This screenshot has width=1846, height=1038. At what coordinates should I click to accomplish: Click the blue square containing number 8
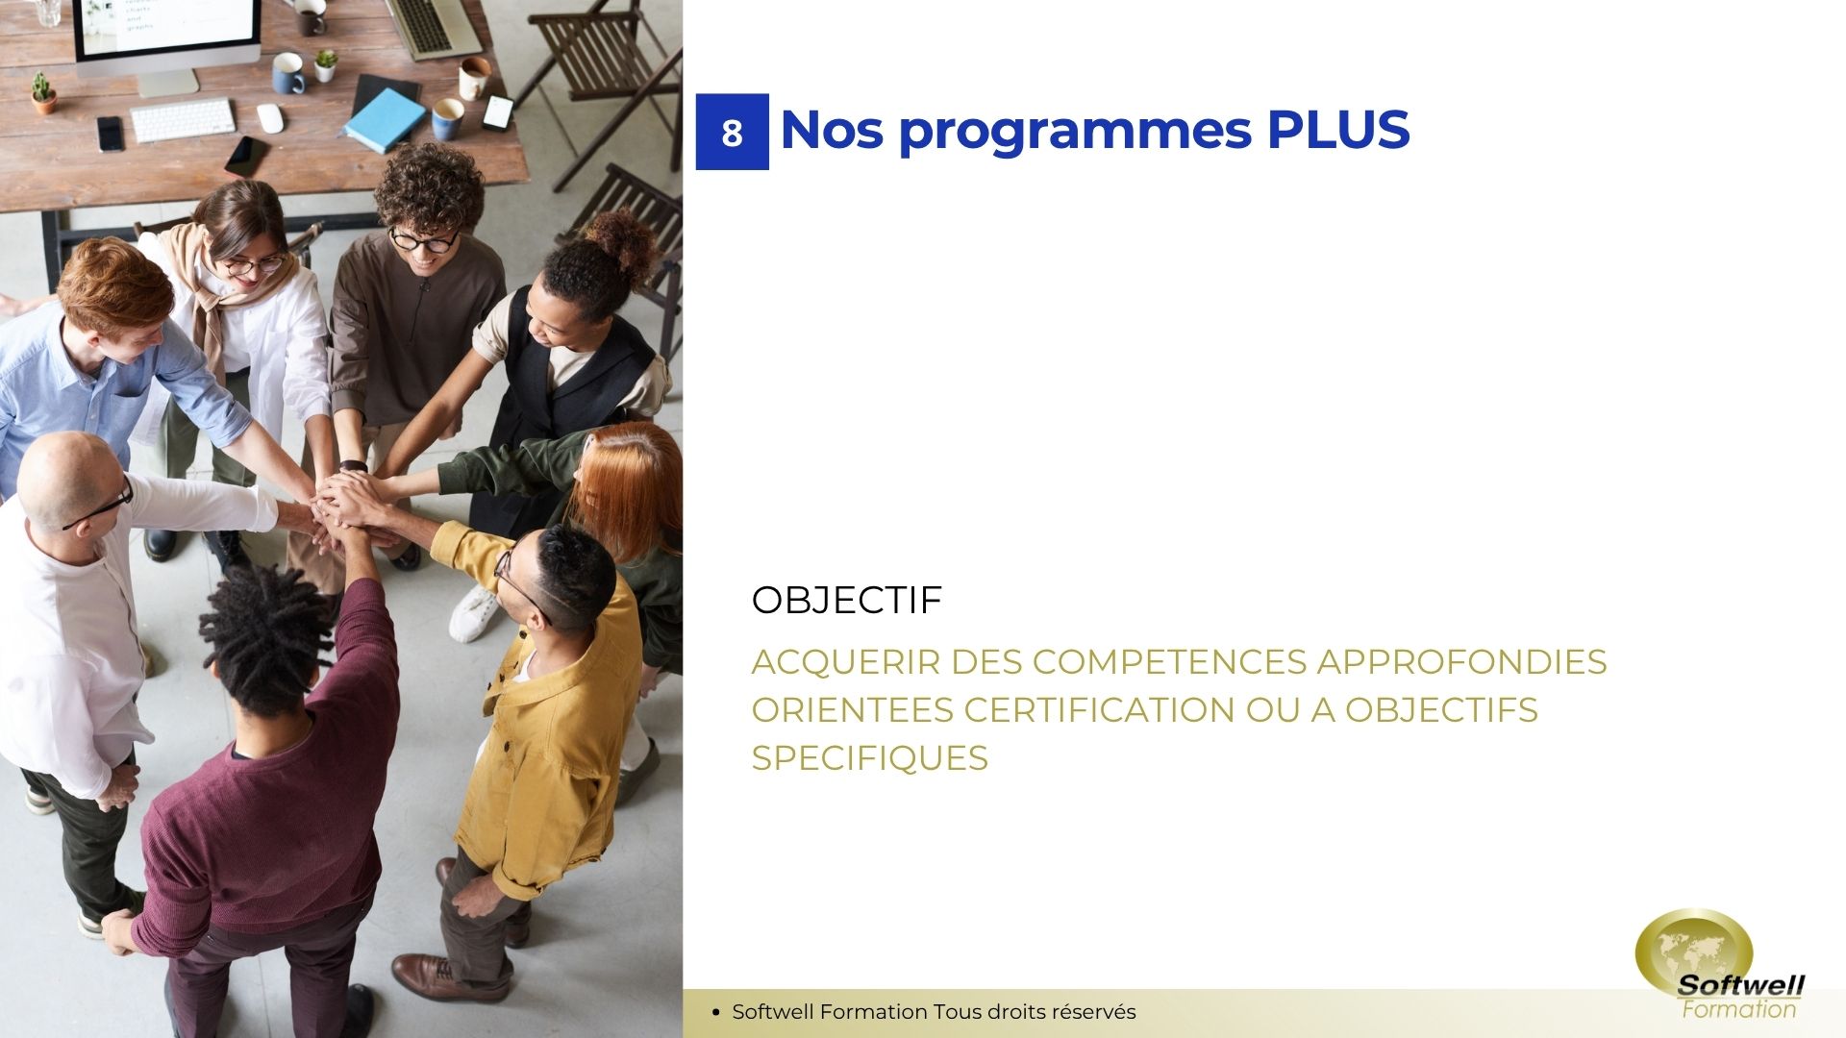click(732, 132)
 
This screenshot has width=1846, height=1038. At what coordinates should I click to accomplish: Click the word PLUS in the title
click(1337, 130)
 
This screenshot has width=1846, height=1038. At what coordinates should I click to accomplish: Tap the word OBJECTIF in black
click(846, 600)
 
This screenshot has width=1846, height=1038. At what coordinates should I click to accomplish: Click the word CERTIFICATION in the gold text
click(1099, 710)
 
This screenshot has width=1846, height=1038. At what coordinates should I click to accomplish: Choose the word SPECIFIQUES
click(869, 758)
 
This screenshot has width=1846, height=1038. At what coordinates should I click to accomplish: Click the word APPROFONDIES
click(1461, 662)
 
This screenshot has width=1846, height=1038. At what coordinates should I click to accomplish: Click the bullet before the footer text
click(715, 1012)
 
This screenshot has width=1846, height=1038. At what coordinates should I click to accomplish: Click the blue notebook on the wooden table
click(384, 119)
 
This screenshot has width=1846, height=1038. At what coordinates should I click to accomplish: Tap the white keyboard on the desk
click(183, 120)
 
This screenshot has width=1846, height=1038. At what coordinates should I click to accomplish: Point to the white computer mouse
click(270, 118)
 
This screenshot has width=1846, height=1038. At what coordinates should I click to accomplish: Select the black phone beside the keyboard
click(111, 134)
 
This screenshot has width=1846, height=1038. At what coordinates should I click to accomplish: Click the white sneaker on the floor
click(475, 614)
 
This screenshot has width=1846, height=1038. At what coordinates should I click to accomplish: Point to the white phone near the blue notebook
click(497, 112)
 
